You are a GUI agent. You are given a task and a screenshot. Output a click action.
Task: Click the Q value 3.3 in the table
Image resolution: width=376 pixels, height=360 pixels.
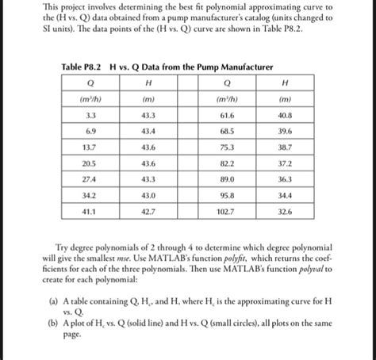pos(91,116)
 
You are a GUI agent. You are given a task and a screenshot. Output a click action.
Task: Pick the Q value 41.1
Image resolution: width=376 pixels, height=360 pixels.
pos(90,213)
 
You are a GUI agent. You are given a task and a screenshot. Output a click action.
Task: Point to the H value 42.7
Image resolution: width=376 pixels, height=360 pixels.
pos(147,213)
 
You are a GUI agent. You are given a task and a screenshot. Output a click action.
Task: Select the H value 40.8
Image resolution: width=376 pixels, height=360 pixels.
pos(285,116)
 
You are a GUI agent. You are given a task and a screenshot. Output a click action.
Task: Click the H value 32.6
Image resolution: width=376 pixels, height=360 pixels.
pos(285,213)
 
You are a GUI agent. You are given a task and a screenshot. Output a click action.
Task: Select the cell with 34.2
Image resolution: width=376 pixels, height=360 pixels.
pos(90,196)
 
